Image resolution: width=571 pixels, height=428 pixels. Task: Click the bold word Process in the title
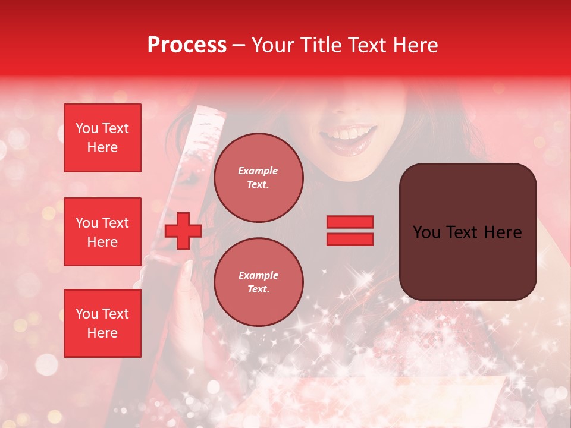187,45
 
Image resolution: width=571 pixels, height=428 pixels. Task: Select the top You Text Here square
102,138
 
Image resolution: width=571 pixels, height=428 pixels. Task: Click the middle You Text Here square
102,232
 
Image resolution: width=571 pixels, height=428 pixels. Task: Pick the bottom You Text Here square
102,323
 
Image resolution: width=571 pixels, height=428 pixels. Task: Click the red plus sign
183,231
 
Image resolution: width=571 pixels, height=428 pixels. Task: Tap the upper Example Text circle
258,178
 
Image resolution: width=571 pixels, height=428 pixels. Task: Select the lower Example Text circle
258,282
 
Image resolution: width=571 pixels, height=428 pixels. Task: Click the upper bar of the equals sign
350,222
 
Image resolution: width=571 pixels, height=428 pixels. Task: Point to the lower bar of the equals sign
350,239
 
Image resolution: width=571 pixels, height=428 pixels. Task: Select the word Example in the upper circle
258,171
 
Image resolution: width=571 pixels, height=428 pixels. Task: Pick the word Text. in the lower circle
258,289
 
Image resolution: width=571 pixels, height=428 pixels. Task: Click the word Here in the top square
102,147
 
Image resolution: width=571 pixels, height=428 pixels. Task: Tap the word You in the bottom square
87,314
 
